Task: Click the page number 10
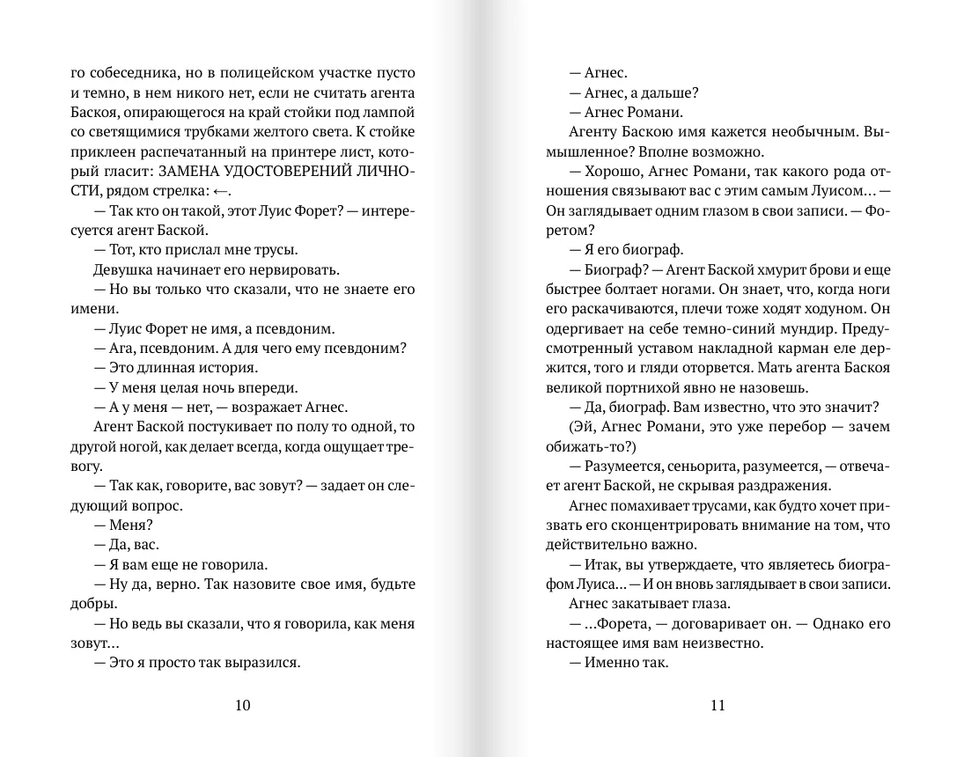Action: tap(244, 704)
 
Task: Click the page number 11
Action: tap(717, 704)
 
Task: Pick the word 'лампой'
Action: tap(392, 113)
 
